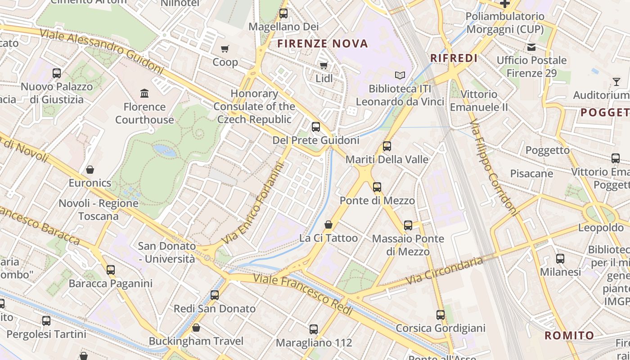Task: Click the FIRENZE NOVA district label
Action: click(x=323, y=44)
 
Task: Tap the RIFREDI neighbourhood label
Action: click(x=454, y=58)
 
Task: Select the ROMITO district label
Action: click(x=569, y=335)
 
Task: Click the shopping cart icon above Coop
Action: click(x=225, y=49)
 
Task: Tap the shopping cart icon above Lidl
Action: click(x=324, y=66)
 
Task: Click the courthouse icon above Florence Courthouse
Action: click(x=144, y=93)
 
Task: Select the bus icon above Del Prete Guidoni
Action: click(x=316, y=127)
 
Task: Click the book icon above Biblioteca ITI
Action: click(x=400, y=75)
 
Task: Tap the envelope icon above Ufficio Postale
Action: click(x=531, y=47)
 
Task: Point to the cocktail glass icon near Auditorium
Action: click(x=616, y=81)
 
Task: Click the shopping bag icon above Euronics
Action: click(x=90, y=170)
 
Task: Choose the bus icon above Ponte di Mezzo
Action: click(x=377, y=187)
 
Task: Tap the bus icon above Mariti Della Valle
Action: click(x=387, y=146)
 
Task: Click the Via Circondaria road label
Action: click(x=445, y=271)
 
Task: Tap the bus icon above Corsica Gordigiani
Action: click(x=441, y=315)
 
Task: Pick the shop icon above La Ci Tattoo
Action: click(x=328, y=225)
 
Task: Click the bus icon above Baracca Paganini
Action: click(x=111, y=270)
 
